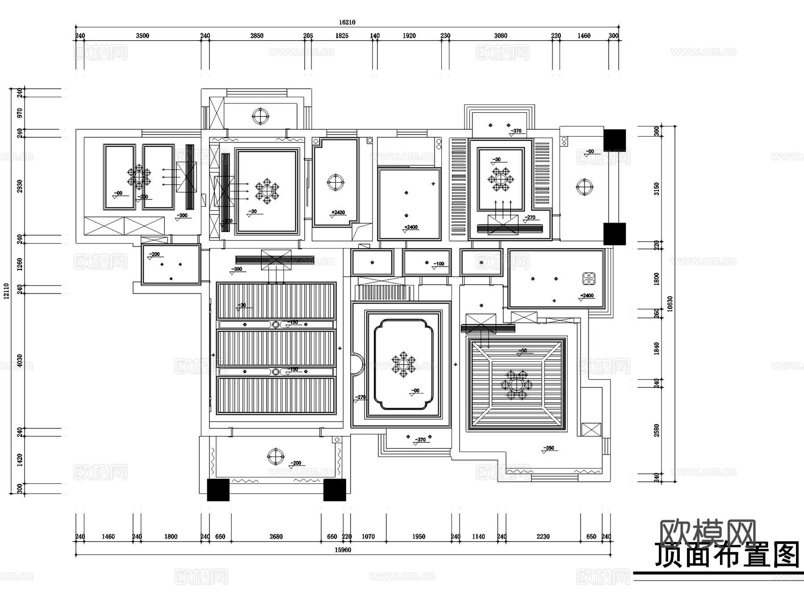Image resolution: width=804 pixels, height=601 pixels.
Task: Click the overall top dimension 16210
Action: coord(347,22)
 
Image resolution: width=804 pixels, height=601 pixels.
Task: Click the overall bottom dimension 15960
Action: coord(343,550)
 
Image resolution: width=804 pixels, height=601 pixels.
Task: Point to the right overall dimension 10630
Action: coord(670,304)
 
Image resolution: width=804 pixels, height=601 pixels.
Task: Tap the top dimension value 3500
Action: coord(142,36)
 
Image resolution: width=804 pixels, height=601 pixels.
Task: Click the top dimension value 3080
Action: coord(500,36)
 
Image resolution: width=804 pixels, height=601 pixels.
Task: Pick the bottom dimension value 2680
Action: coord(276,537)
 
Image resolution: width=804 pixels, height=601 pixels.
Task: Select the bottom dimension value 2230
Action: coord(543,537)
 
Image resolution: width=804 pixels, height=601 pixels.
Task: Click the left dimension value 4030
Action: coord(19,361)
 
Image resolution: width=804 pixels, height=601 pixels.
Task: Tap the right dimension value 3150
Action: coord(656,189)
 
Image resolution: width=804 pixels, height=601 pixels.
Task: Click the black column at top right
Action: coord(615,140)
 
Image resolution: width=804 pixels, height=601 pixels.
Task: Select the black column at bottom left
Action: coord(218,490)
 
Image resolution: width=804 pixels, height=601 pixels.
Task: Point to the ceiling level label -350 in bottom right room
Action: coord(549,448)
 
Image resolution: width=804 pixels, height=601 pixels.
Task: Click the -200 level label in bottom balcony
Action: coord(296,463)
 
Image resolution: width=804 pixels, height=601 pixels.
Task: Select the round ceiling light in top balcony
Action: coord(260,116)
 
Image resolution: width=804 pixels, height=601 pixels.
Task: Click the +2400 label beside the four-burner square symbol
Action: coord(587,295)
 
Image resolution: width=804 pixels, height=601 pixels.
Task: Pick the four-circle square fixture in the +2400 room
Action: coord(589,278)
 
